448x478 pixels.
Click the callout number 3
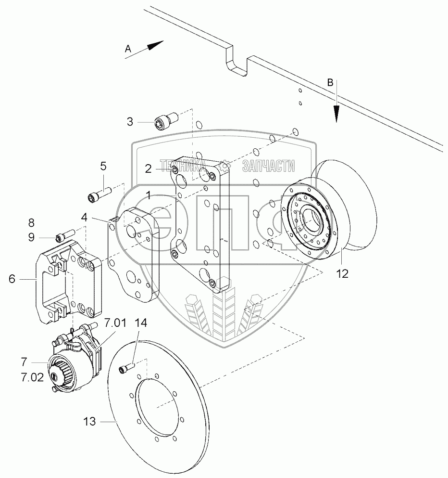(x=130, y=122)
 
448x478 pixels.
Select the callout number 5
(x=103, y=167)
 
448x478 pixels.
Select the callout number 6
(x=12, y=278)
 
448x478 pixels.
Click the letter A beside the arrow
(x=128, y=48)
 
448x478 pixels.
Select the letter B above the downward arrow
(x=330, y=82)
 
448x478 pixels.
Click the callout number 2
(x=149, y=168)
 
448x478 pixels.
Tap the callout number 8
(x=31, y=222)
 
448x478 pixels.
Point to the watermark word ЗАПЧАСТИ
(x=269, y=167)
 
